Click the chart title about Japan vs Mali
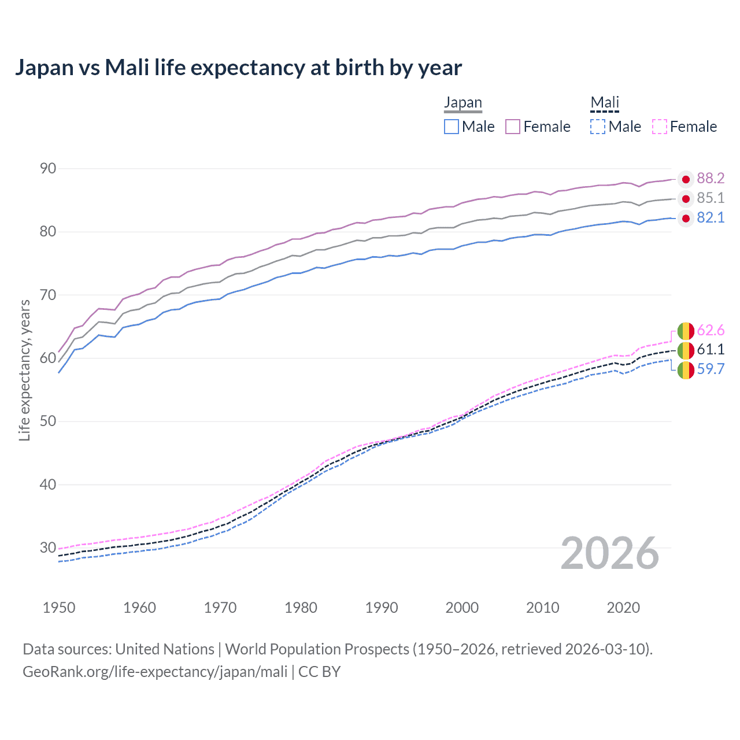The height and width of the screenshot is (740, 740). (x=238, y=68)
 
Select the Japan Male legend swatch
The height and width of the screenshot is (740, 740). (x=452, y=127)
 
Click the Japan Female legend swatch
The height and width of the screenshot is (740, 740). (x=513, y=127)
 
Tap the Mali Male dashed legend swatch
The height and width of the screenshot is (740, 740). (x=598, y=127)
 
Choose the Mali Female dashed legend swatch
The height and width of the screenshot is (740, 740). (x=660, y=127)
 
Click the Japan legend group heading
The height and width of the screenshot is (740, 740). (x=462, y=103)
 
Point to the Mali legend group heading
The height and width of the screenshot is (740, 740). (x=605, y=103)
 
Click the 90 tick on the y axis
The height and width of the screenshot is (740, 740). (x=48, y=169)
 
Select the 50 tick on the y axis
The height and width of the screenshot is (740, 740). (x=48, y=421)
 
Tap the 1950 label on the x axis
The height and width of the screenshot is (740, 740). (x=59, y=608)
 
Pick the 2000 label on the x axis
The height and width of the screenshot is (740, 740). (x=462, y=608)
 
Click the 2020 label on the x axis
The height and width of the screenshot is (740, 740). (x=623, y=608)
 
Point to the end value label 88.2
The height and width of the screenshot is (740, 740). (x=711, y=179)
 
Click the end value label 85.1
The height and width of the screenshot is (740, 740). (x=711, y=198)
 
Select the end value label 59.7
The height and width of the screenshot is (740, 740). (x=711, y=369)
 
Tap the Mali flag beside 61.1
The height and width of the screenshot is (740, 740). (x=686, y=350)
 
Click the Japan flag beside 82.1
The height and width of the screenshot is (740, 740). (x=686, y=219)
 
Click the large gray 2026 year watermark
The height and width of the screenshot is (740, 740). (x=610, y=554)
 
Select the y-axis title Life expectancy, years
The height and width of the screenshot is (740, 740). (x=25, y=370)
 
